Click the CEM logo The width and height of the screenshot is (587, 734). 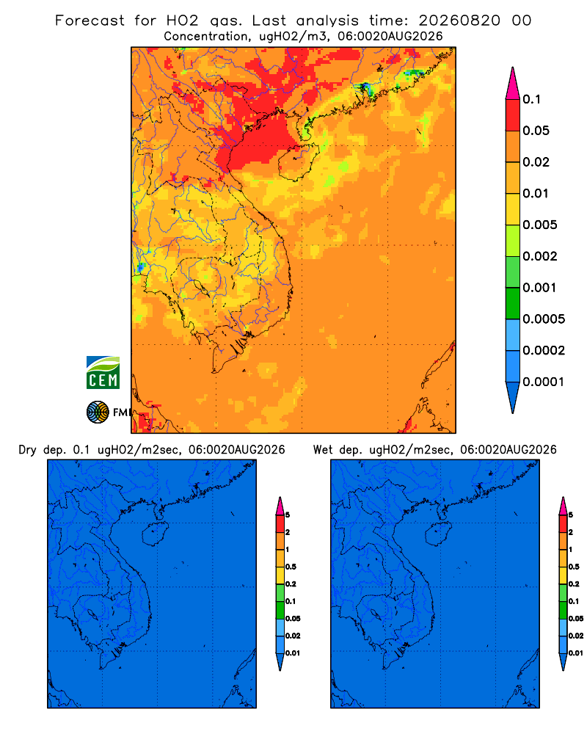(x=103, y=373)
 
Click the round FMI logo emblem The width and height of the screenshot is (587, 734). (x=98, y=413)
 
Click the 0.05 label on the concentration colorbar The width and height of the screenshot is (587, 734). (x=536, y=131)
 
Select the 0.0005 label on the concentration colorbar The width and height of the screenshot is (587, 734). (x=544, y=319)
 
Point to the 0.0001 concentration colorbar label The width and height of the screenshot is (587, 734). (x=544, y=382)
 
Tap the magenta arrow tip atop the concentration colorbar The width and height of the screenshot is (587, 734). (x=513, y=83)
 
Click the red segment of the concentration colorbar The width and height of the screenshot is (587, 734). (x=513, y=115)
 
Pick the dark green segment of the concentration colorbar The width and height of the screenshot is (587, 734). (x=513, y=303)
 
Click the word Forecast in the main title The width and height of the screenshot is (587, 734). (x=90, y=21)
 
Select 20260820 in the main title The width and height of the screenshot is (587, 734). (x=459, y=21)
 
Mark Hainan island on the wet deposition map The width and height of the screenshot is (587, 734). (x=438, y=534)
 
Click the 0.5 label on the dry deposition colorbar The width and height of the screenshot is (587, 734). (x=291, y=567)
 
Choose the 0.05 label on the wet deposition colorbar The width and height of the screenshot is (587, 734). (x=576, y=619)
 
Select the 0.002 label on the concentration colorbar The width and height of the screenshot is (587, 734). (x=540, y=256)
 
